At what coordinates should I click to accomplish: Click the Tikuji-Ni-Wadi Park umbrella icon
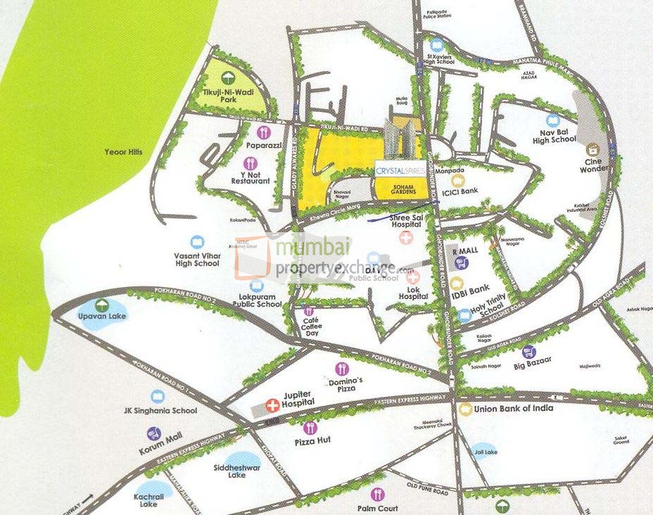(x=227, y=78)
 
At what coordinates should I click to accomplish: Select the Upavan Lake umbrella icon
(x=102, y=305)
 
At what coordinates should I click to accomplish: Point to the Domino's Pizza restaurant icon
(x=341, y=368)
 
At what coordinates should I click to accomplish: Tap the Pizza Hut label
(x=309, y=443)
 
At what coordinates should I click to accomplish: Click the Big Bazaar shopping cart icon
(x=529, y=352)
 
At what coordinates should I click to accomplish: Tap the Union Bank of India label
(x=513, y=408)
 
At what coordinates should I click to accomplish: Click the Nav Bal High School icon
(x=552, y=120)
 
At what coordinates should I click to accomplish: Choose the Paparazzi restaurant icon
(x=264, y=132)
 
